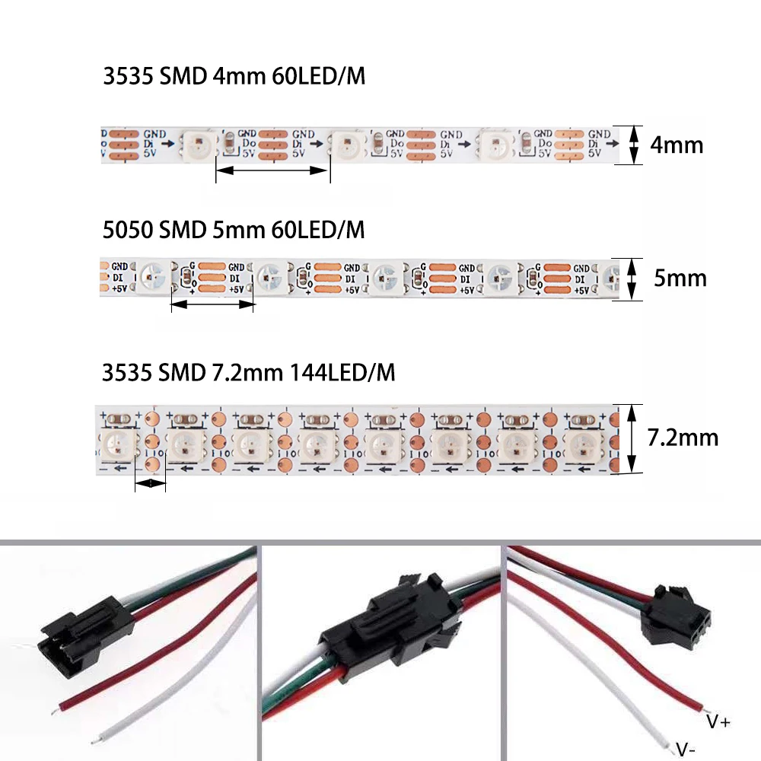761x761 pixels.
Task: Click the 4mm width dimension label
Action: point(677,145)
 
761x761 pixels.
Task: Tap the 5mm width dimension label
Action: point(680,278)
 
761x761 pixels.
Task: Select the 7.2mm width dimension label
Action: point(682,438)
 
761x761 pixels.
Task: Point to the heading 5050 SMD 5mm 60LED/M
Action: point(234,229)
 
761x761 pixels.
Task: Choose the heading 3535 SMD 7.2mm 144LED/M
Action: point(249,373)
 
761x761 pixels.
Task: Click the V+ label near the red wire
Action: point(718,721)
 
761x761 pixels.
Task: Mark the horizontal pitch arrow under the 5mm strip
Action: point(212,304)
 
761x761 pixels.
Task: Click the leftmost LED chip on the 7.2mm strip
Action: point(119,442)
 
